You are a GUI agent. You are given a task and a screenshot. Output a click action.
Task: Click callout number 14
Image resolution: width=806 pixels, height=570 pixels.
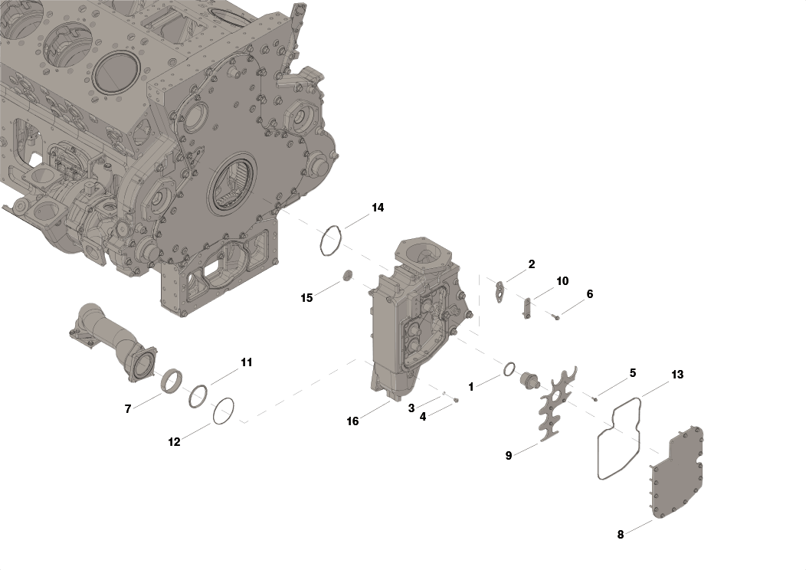[378, 208]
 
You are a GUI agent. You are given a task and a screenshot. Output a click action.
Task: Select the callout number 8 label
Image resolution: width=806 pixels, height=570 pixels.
[621, 535]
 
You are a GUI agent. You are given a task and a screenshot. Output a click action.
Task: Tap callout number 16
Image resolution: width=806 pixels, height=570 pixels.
[352, 421]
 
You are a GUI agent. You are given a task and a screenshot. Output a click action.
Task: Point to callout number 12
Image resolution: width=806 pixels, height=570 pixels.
[174, 442]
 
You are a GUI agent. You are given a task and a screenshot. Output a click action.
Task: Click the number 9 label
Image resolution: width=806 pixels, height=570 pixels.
[509, 456]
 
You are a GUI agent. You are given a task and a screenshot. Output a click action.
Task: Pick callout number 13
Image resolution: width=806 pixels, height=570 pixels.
[677, 375]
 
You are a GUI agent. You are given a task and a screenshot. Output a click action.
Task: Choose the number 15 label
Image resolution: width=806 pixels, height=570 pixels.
[306, 298]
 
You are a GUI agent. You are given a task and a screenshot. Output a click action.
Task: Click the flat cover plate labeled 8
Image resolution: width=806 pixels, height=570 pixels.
[677, 471]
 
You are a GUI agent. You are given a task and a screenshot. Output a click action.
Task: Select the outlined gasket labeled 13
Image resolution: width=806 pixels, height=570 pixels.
[619, 438]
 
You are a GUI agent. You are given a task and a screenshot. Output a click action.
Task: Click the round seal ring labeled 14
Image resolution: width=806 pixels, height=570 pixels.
[331, 240]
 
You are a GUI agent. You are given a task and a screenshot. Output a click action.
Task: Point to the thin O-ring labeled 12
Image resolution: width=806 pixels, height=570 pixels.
[223, 411]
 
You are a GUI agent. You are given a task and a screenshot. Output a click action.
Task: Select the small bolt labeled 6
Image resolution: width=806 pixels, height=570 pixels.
[555, 317]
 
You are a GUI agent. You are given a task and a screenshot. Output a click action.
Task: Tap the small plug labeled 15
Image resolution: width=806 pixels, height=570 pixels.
[349, 275]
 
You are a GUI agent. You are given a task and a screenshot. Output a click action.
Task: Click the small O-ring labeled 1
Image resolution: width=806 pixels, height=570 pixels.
[509, 369]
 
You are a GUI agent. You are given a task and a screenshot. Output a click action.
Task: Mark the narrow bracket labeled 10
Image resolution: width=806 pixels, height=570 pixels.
[527, 308]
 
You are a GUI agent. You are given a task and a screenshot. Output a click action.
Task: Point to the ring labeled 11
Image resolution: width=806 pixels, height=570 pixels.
[198, 397]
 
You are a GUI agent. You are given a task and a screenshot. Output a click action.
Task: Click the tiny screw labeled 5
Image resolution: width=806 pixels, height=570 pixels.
[595, 398]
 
